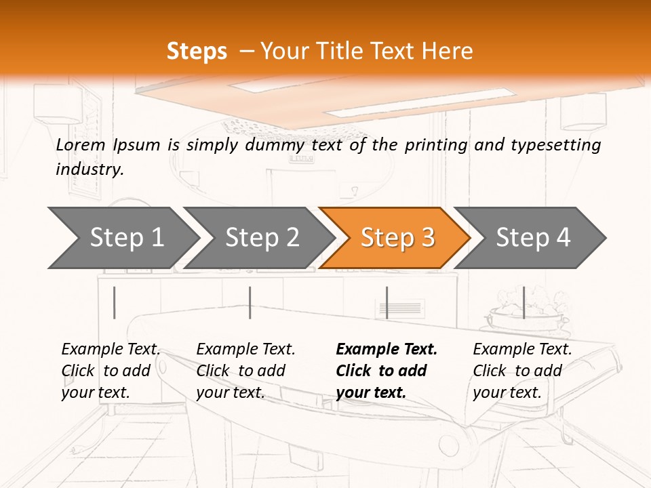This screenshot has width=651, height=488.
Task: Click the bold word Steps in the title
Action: click(197, 52)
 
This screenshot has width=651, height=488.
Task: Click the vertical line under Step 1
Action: click(114, 302)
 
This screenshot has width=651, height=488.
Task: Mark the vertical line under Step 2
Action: click(250, 302)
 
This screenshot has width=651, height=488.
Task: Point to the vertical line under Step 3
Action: click(387, 302)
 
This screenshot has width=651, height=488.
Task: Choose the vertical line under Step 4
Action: click(524, 302)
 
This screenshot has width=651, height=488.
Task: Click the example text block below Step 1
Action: click(111, 371)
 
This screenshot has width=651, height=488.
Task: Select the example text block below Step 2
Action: click(245, 371)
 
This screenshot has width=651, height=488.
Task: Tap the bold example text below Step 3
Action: click(387, 371)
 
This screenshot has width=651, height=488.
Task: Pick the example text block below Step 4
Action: click(522, 371)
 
